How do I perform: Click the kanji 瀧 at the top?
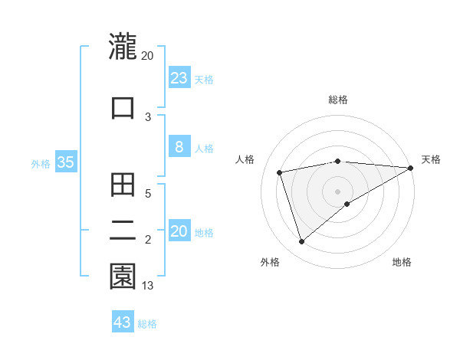click(123, 46)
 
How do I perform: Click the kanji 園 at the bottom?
click(123, 277)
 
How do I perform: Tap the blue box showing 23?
click(179, 78)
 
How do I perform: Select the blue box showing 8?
click(179, 147)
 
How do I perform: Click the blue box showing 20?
click(179, 231)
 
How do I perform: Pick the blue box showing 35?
click(65, 162)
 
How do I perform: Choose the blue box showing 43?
click(122, 322)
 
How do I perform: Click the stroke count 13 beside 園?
click(148, 286)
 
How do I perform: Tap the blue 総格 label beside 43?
click(147, 324)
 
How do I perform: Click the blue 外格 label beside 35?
click(41, 163)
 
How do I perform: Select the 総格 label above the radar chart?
click(338, 100)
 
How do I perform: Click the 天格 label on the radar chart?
click(431, 159)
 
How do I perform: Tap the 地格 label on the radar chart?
click(402, 262)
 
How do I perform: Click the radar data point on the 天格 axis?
click(411, 168)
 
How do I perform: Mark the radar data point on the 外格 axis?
click(301, 242)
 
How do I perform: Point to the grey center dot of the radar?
click(337, 191)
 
